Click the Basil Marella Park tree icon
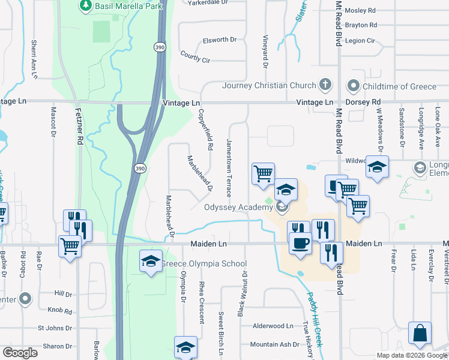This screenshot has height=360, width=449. [x=85, y=6]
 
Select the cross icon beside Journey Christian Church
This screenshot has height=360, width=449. [x=326, y=85]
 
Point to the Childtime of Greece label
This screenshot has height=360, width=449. [x=399, y=86]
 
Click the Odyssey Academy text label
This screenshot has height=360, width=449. [x=238, y=208]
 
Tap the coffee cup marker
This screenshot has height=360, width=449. [x=300, y=242]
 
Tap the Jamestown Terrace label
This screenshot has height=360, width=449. [x=229, y=168]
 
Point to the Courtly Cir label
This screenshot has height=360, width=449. [x=195, y=57]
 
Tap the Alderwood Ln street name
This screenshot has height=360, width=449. [x=273, y=326]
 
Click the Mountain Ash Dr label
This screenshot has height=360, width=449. [x=274, y=344]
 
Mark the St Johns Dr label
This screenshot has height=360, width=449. [x=55, y=328]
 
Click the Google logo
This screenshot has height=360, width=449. [x=20, y=353]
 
